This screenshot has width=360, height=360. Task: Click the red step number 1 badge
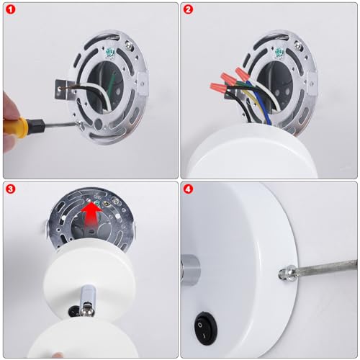click(10, 9)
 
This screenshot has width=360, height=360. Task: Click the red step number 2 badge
click(188, 9)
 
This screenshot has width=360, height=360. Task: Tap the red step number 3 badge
click(10, 189)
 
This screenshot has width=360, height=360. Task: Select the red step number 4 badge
click(188, 189)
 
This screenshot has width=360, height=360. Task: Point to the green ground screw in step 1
click(111, 53)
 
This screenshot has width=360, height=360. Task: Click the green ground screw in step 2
click(279, 53)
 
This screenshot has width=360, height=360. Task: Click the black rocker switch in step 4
click(206, 328)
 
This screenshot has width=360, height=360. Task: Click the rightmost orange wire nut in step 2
click(243, 73)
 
